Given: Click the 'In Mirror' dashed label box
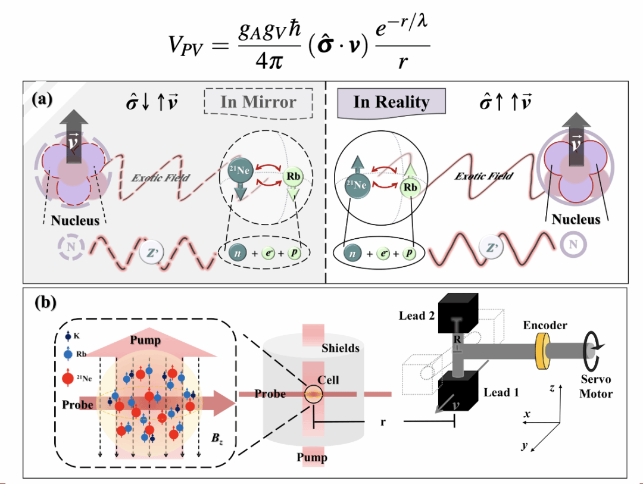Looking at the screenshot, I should [x=258, y=102].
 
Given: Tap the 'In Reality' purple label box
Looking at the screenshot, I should [x=391, y=102].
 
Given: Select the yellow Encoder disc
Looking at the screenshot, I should [x=542, y=351].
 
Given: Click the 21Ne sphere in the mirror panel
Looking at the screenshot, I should [x=238, y=171].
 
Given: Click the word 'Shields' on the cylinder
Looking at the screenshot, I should [x=340, y=347].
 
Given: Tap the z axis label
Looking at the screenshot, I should [x=553, y=388].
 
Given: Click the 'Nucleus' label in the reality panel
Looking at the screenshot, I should [x=576, y=220].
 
